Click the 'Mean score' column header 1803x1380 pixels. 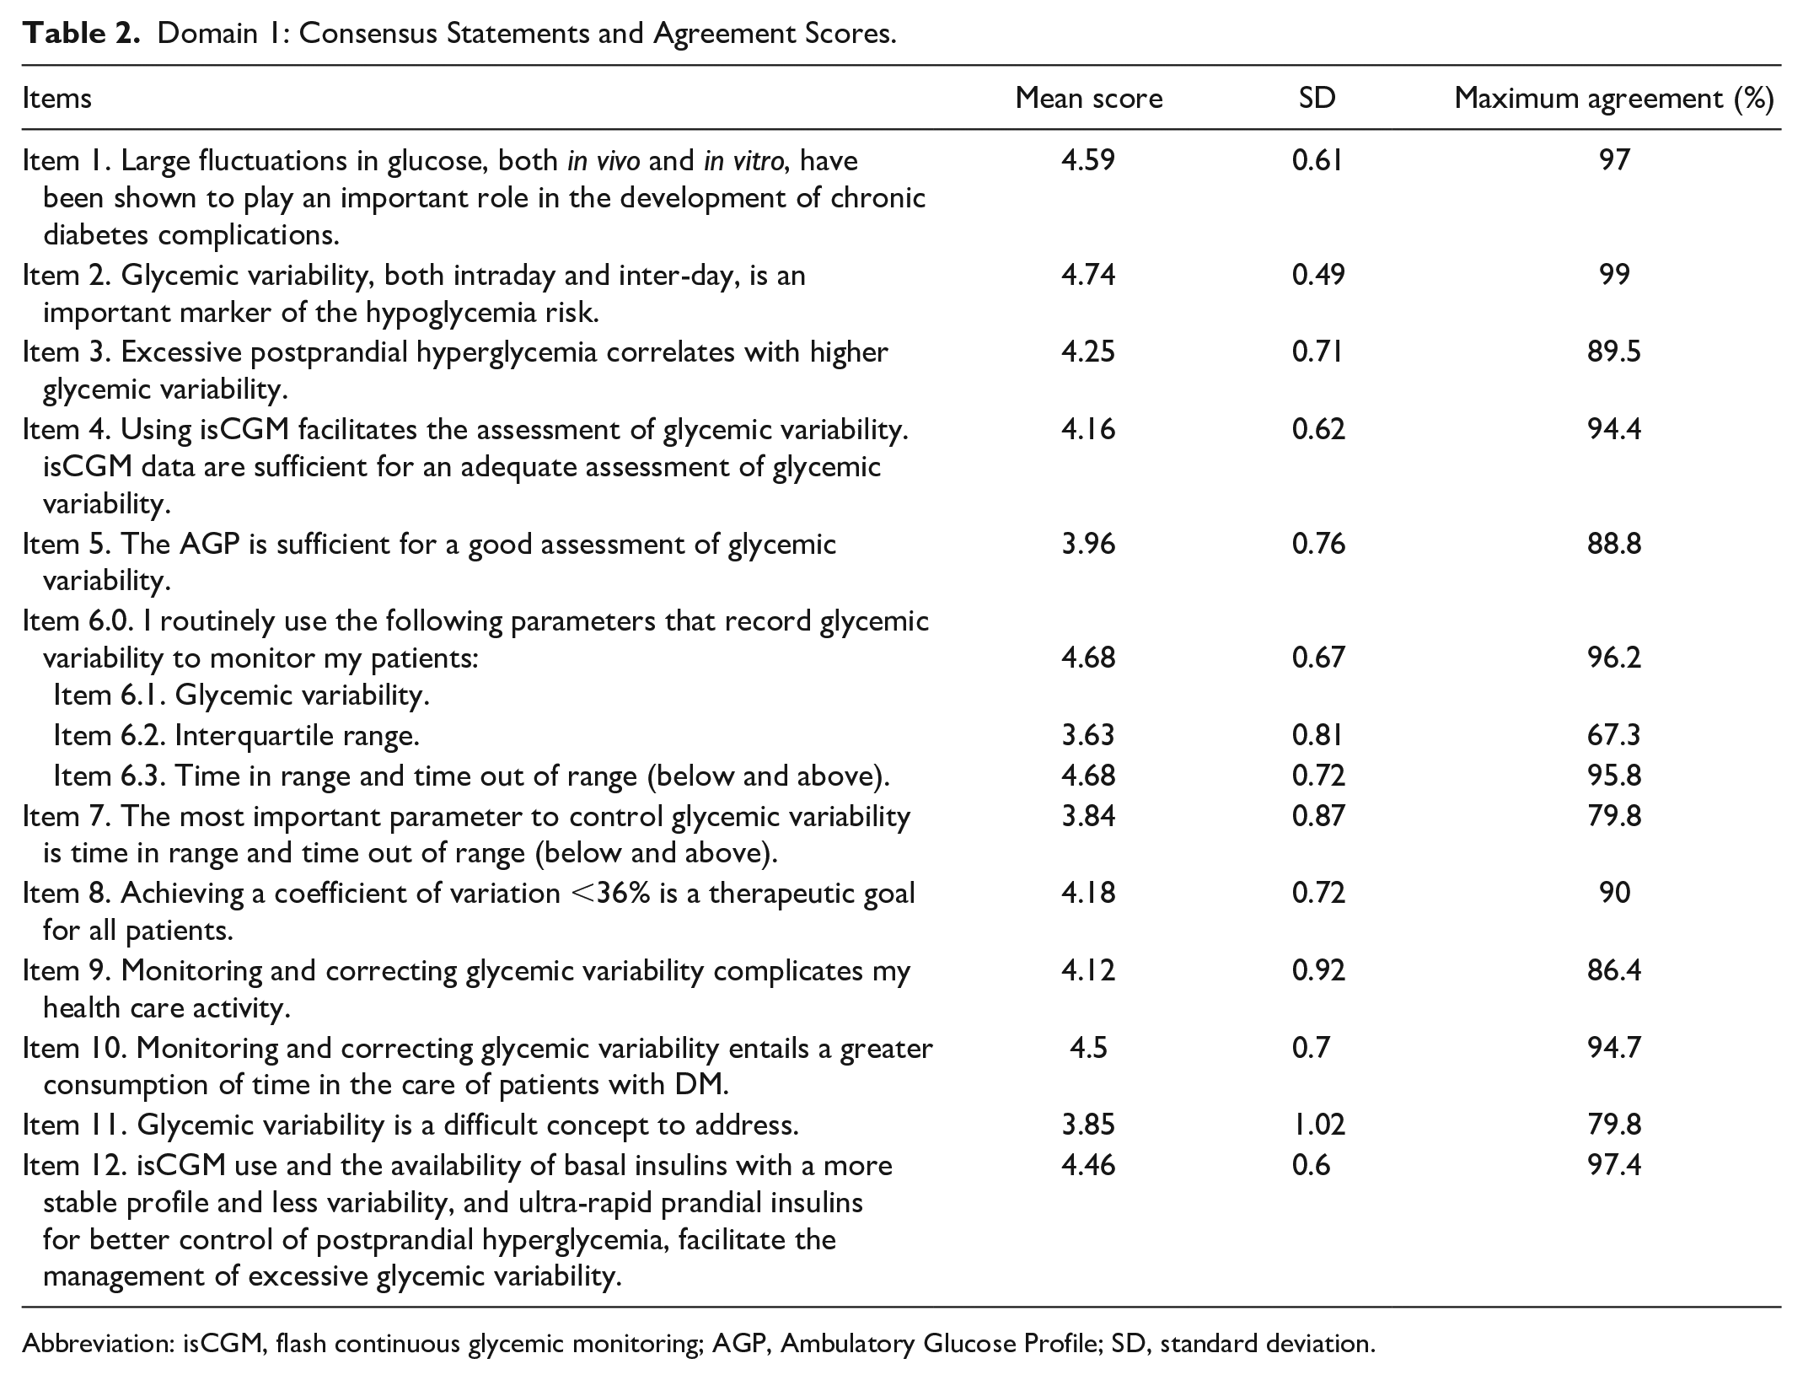tap(1088, 99)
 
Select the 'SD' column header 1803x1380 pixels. tap(1317, 99)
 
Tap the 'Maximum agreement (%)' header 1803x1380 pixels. tap(1614, 99)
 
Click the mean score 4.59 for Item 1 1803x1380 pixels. tap(1088, 159)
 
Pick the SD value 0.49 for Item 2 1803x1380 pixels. tap(1318, 274)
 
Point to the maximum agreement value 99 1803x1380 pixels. tap(1614, 274)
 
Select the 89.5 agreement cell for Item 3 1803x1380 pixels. tap(1614, 352)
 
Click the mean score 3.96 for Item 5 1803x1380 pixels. tap(1088, 544)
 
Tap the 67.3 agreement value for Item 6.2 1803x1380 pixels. tap(1614, 735)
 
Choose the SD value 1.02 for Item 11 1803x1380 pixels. tap(1318, 1125)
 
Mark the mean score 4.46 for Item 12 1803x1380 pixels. tap(1088, 1165)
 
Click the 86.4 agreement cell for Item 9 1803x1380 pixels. tap(1614, 970)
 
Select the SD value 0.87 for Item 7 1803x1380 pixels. tap(1318, 816)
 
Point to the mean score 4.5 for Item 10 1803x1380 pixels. tap(1088, 1048)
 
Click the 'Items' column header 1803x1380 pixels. tap(57, 99)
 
